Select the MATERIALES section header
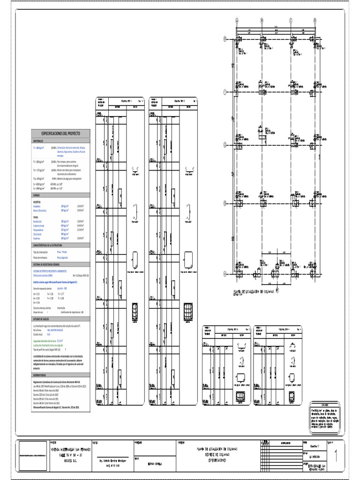click(39, 141)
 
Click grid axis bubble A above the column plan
click(237, 20)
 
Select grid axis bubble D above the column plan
click(317, 20)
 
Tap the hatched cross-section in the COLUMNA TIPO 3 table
click(241, 394)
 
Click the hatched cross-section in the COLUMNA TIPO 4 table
click(292, 394)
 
